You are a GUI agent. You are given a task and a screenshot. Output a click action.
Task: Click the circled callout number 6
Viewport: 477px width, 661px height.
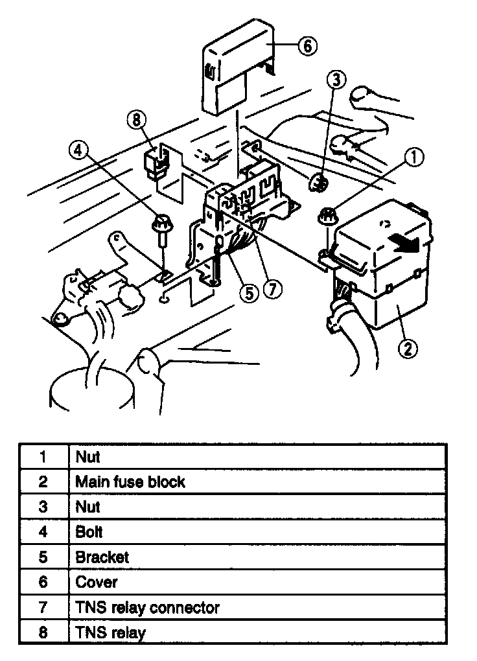tap(307, 46)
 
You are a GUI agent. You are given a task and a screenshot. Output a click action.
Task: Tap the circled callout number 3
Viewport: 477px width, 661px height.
tap(336, 80)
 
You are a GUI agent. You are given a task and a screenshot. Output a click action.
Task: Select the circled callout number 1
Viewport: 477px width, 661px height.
tap(415, 156)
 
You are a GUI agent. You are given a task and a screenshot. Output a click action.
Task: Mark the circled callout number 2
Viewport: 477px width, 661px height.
tap(406, 349)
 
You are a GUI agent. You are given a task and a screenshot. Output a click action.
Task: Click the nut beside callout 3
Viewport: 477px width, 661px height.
tap(318, 183)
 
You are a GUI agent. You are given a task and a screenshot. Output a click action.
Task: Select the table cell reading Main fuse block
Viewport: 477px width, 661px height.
tap(130, 481)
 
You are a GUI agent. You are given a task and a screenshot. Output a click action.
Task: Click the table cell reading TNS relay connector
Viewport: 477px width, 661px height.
tap(148, 607)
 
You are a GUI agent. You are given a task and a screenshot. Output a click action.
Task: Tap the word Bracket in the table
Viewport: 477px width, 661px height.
tap(102, 557)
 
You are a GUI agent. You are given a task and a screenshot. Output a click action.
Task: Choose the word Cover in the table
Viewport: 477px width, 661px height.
tap(97, 582)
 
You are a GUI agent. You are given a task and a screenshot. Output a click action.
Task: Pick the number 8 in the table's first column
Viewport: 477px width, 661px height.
tap(43, 632)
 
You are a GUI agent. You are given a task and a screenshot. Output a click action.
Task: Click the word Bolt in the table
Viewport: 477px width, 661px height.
tap(89, 532)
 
